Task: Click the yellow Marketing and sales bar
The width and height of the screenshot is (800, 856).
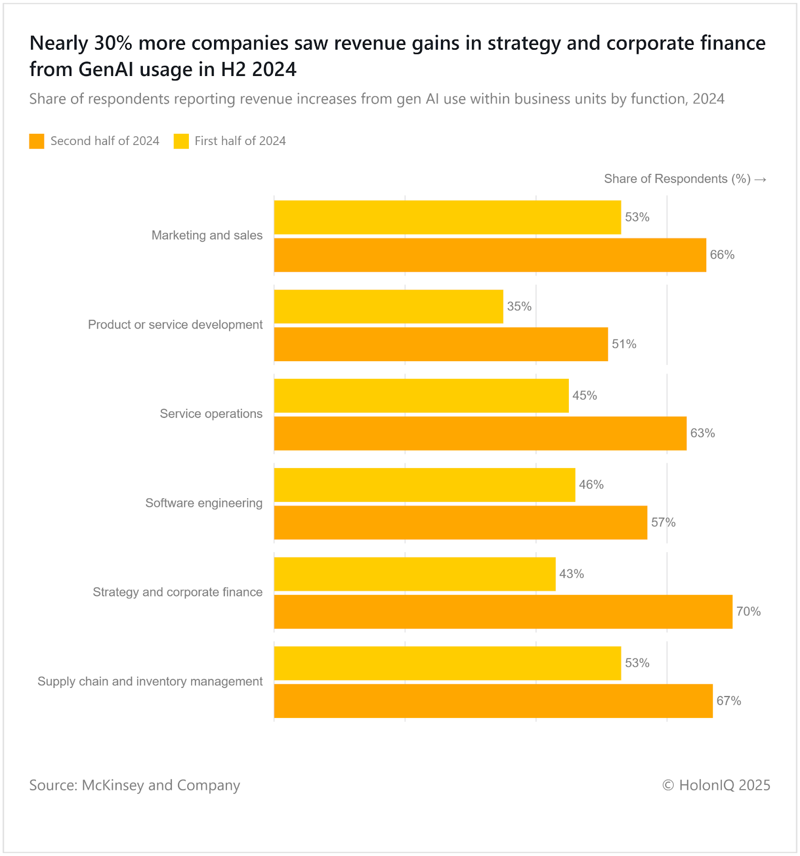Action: click(447, 217)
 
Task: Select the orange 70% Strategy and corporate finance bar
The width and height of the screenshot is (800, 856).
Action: click(503, 612)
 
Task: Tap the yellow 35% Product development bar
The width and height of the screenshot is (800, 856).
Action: click(388, 307)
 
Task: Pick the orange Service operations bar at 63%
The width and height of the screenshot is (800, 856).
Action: click(480, 433)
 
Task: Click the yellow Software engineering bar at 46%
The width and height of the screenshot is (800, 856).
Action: click(424, 485)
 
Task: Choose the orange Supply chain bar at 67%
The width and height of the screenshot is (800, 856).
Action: click(493, 701)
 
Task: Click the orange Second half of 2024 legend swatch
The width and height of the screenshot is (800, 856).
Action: click(37, 141)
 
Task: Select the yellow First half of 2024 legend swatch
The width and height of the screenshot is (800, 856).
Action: click(181, 141)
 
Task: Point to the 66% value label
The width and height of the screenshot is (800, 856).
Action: click(722, 255)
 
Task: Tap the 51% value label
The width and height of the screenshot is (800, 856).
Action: click(624, 344)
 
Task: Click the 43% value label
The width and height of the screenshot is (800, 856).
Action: click(572, 574)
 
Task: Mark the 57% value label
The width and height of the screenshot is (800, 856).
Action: click(663, 523)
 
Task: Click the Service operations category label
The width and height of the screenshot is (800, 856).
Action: click(211, 414)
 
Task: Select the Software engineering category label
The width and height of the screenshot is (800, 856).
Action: click(204, 503)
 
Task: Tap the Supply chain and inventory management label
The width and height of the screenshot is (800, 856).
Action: click(150, 682)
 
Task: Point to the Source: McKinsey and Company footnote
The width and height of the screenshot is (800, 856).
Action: click(134, 785)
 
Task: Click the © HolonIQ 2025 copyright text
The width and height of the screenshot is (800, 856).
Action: click(716, 785)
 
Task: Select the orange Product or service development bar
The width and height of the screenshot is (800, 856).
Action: click(441, 344)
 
